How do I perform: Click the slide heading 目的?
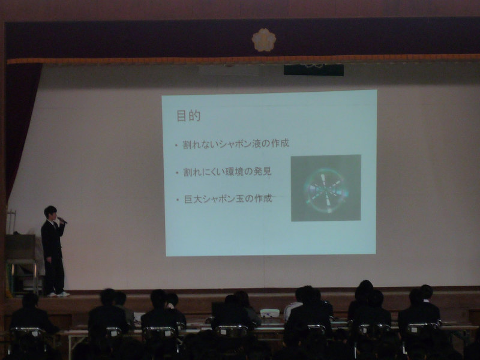point(188,116)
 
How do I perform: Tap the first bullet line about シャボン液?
point(236,143)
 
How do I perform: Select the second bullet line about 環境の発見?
point(227,172)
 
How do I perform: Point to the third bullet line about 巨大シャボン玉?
point(228,199)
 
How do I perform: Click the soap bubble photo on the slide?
point(326,188)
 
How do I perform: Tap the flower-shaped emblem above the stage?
point(264,40)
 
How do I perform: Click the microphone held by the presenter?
point(62,220)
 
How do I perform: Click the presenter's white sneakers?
point(59,294)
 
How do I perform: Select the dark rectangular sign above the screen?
point(314,70)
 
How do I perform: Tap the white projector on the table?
point(269,313)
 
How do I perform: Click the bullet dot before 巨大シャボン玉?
point(178,200)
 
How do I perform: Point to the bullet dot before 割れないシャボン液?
point(176,145)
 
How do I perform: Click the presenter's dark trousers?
point(55,275)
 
